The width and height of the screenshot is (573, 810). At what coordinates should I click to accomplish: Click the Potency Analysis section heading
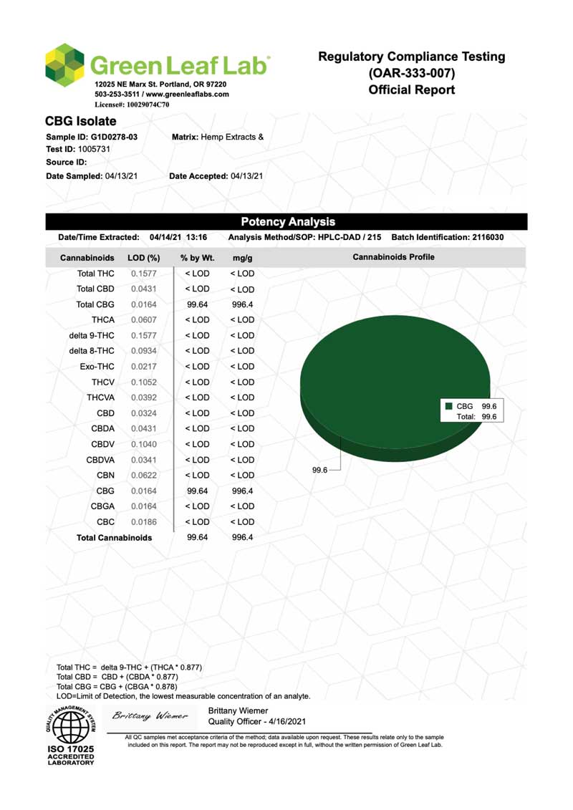pyautogui.click(x=288, y=222)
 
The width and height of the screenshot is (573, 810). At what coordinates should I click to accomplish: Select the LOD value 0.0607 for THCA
pyautogui.click(x=144, y=319)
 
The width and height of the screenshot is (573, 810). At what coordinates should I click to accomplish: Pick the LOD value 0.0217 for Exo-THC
pyautogui.click(x=144, y=367)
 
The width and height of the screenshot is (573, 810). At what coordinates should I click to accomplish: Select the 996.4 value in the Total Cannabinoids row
pyautogui.click(x=243, y=537)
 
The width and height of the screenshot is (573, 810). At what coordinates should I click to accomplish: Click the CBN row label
pyautogui.click(x=105, y=476)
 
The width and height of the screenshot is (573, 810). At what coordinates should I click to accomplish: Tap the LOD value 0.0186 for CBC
pyautogui.click(x=144, y=522)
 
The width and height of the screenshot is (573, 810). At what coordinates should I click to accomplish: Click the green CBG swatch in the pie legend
pyautogui.click(x=448, y=406)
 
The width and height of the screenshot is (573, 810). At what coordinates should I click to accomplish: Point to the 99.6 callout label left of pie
pyautogui.click(x=319, y=470)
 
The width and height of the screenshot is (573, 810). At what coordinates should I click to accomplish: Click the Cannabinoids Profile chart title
pyautogui.click(x=393, y=256)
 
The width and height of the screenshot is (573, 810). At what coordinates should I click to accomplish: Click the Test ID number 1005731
pyautogui.click(x=94, y=149)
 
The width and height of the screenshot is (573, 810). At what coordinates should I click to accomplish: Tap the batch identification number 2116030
pyautogui.click(x=487, y=237)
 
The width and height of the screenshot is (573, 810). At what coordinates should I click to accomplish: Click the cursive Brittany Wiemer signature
pyautogui.click(x=150, y=715)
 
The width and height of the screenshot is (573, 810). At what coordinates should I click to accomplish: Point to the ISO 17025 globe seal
pyautogui.click(x=71, y=727)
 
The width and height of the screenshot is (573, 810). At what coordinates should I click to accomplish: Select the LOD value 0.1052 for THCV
pyautogui.click(x=144, y=382)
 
